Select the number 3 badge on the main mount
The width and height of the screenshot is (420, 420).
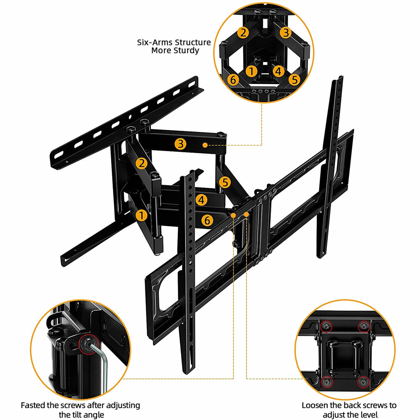point(181,144)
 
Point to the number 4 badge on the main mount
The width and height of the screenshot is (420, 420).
point(202,200)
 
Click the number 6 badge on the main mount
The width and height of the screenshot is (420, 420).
point(206,219)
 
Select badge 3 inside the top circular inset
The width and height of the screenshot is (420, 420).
point(286,32)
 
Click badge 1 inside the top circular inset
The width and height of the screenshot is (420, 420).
point(252,71)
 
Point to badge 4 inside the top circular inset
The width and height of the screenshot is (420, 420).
point(278,71)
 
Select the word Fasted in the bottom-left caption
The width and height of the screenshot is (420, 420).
point(33,405)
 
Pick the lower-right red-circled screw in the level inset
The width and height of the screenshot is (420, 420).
point(363,382)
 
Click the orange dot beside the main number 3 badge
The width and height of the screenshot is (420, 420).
point(205,145)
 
